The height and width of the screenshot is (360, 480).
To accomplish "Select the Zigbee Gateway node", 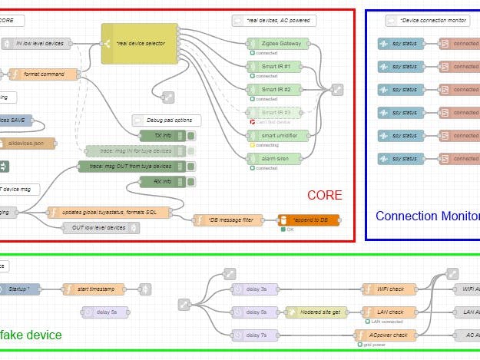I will pyautogui.click(x=279, y=44).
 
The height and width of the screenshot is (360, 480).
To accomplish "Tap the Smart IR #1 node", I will pyautogui.click(x=279, y=67).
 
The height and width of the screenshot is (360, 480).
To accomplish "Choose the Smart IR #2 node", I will pyautogui.click(x=279, y=90).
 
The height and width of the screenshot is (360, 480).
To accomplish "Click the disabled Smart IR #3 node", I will pyautogui.click(x=279, y=113).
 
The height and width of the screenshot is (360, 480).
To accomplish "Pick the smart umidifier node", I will pyautogui.click(x=279, y=135).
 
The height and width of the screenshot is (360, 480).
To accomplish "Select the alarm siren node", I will pyautogui.click(x=279, y=158).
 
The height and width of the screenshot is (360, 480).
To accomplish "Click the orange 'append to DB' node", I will pyautogui.click(x=308, y=220).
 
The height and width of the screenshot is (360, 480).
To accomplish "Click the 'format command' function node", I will pyautogui.click(x=44, y=74).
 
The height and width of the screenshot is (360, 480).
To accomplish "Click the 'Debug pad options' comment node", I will pyautogui.click(x=166, y=121).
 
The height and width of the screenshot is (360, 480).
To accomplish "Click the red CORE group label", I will pyautogui.click(x=324, y=195).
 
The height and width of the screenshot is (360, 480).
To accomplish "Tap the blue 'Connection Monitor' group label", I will pyautogui.click(x=427, y=216).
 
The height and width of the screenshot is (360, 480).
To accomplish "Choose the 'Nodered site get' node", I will pyautogui.click(x=315, y=312).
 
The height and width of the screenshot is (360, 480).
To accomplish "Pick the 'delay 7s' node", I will pyautogui.click(x=254, y=335).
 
